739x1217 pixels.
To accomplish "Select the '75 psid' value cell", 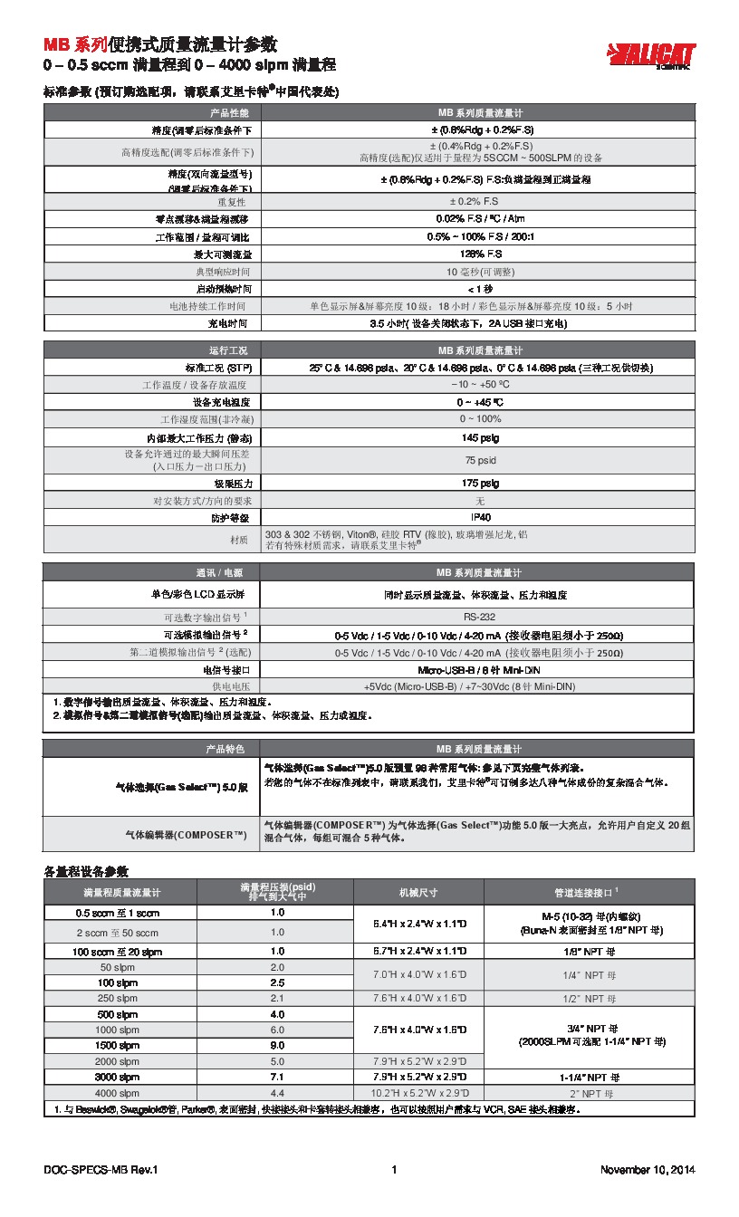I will [476, 459].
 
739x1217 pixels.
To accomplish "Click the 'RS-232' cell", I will [478, 617].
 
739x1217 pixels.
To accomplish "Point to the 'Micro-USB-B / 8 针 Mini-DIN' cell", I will [478, 669].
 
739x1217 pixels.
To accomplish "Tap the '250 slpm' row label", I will [119, 998].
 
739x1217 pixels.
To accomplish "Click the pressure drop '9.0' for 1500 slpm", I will [277, 1045].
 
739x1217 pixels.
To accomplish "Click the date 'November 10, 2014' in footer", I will [647, 1170].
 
